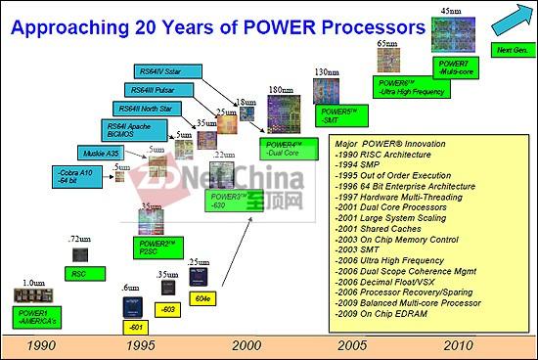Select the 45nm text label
coord(451,10)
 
